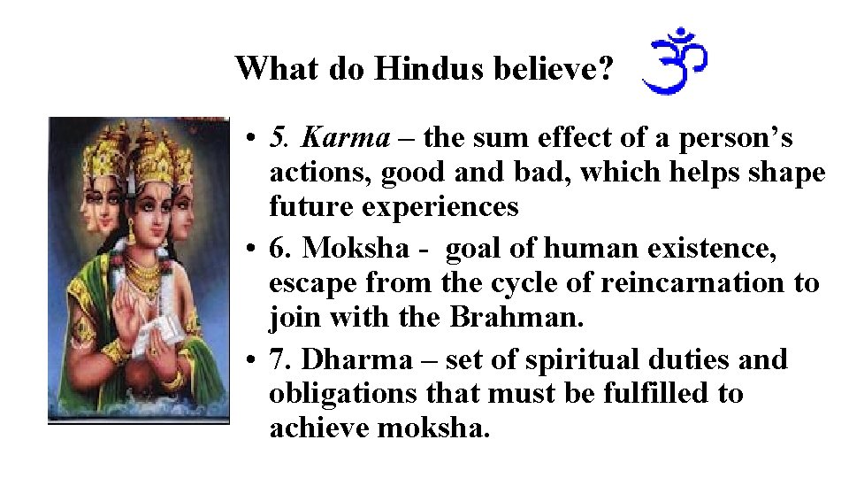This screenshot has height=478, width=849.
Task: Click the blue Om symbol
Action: tap(675, 61)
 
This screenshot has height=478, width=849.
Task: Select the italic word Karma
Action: tap(345, 138)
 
